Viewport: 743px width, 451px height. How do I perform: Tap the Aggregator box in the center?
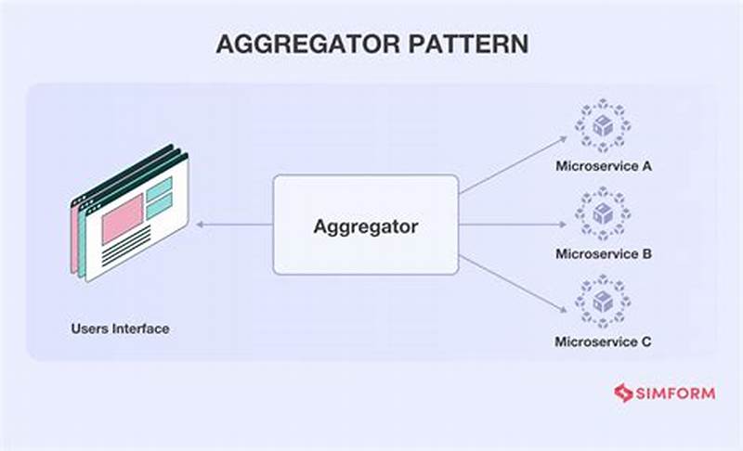(x=365, y=225)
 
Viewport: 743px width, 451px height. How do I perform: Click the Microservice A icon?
(x=603, y=126)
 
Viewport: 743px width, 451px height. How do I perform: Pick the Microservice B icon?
(x=603, y=213)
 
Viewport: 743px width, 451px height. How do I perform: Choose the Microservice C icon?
(x=603, y=301)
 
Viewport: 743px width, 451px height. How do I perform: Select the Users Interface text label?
(x=120, y=329)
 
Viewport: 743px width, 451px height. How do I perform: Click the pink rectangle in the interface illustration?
(x=122, y=219)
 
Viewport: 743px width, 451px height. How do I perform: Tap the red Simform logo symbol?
(x=622, y=393)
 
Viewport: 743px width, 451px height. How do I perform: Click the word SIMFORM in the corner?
(x=675, y=393)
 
